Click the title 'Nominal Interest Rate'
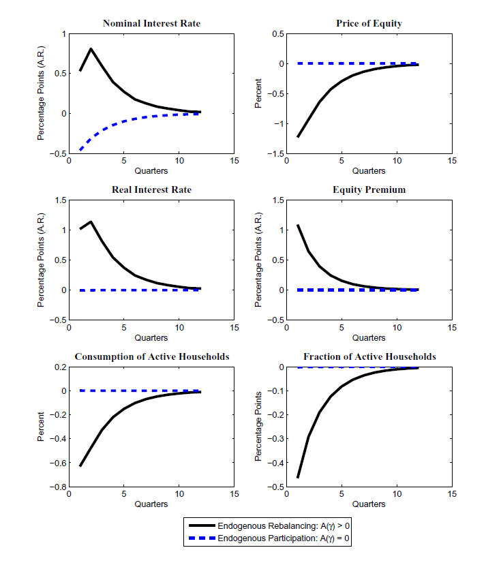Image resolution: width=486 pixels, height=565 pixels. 151,24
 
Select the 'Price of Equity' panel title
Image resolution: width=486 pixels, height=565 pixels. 369,24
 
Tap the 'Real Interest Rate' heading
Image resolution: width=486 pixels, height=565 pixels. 151,189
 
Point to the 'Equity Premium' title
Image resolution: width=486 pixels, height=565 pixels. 369,189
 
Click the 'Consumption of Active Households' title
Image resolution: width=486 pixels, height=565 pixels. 151,356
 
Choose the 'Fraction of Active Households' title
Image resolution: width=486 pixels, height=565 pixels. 369,356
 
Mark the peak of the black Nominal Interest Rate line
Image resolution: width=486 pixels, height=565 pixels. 91,48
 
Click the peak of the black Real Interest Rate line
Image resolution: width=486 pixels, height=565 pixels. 91,222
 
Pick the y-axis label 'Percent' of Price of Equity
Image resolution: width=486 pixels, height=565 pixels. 259,94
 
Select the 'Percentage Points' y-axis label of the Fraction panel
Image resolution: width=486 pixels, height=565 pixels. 259,427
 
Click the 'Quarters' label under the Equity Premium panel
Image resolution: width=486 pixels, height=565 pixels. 369,338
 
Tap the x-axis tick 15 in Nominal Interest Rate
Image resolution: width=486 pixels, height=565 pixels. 234,162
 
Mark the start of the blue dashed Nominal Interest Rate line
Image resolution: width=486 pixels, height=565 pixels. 80,149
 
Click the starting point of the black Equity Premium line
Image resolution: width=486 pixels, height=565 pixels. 298,225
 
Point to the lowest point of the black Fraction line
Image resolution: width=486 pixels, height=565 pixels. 298,477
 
